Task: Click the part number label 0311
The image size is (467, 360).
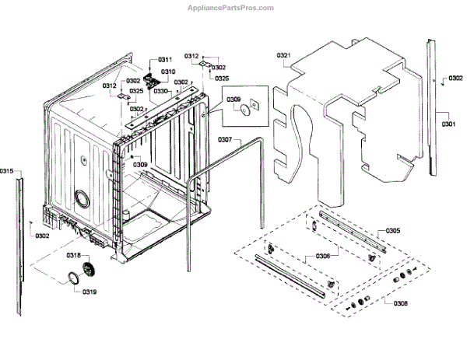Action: pyautogui.click(x=165, y=60)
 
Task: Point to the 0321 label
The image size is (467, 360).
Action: pyautogui.click(x=283, y=55)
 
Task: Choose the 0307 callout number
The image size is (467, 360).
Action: pyautogui.click(x=224, y=140)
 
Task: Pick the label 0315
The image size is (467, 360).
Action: pyautogui.click(x=7, y=170)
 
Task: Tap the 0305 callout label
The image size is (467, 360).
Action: pyautogui.click(x=393, y=231)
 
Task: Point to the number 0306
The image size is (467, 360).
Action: pyautogui.click(x=321, y=257)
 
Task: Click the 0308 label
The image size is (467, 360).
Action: pyautogui.click(x=396, y=302)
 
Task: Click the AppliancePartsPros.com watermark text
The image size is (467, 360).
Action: pyautogui.click(x=231, y=7)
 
